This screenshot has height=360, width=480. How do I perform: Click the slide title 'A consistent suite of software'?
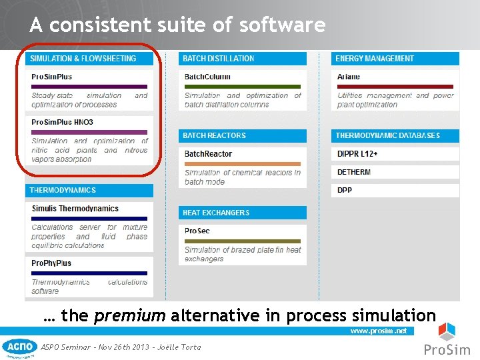point(177,25)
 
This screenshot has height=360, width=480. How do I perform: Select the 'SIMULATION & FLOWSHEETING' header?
point(83,59)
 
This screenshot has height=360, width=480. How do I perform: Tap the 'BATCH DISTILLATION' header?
point(219,59)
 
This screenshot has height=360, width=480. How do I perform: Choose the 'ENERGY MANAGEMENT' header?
point(374,59)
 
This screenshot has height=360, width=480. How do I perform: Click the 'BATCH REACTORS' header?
point(214,135)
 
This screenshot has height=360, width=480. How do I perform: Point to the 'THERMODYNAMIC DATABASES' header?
point(387,135)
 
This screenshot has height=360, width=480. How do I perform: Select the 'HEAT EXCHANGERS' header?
point(216,213)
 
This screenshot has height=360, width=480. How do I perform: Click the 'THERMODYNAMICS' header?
point(63,190)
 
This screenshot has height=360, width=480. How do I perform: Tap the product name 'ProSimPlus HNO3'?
point(62,123)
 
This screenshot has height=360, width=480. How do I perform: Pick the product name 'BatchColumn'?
point(207,77)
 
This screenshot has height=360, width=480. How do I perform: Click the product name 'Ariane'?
point(349,77)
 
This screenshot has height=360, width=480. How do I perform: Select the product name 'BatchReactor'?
point(208,154)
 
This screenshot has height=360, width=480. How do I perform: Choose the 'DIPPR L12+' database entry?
point(358,154)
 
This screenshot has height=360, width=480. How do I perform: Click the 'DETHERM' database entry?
point(354,172)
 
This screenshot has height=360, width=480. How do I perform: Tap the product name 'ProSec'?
point(197,231)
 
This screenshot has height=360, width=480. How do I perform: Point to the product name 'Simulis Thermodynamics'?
point(75,209)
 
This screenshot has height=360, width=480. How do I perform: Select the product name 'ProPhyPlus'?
point(51,263)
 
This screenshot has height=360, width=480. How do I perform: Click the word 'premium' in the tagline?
point(130,315)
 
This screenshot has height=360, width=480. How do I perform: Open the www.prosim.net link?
point(378,331)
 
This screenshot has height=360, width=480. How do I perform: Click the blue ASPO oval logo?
point(20,347)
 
